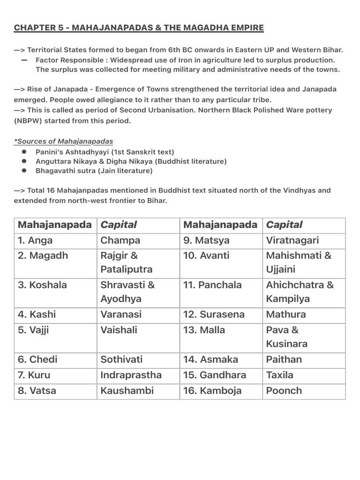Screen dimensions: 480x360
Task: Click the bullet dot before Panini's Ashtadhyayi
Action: click(24, 152)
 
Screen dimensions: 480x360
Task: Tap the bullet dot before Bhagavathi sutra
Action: click(24, 171)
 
